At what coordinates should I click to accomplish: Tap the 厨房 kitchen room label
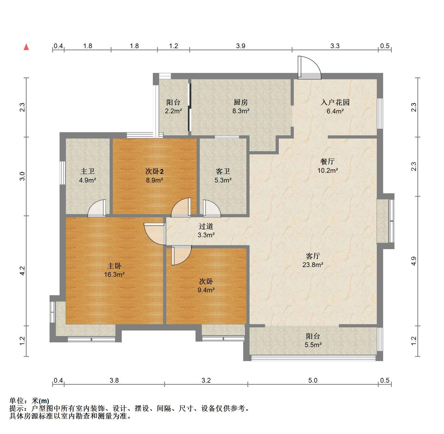[x=241, y=102]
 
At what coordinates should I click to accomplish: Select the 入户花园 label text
[x=335, y=102]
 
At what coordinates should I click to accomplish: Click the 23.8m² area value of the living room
[x=313, y=265]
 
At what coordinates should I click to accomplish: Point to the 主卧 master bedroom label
[x=114, y=266]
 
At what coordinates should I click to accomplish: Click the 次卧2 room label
[x=154, y=172]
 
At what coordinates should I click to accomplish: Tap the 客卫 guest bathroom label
[x=223, y=171]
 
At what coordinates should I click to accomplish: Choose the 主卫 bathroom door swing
[x=97, y=208]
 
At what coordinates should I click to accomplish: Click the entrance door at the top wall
[x=309, y=68]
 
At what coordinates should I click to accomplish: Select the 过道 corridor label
[x=206, y=226]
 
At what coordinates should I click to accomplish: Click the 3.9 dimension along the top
[x=241, y=46]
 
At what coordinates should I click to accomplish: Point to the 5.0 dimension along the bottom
[x=313, y=380]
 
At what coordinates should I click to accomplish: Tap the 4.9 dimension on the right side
[x=414, y=261]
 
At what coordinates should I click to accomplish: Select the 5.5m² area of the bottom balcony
[x=313, y=345]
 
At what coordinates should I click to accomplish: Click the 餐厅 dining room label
[x=328, y=161]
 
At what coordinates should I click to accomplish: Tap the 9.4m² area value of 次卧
[x=206, y=290]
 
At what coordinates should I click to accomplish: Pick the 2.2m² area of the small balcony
[x=173, y=111]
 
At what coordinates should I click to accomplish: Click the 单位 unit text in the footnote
[x=16, y=401]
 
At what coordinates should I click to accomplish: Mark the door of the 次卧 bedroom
[x=181, y=255]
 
